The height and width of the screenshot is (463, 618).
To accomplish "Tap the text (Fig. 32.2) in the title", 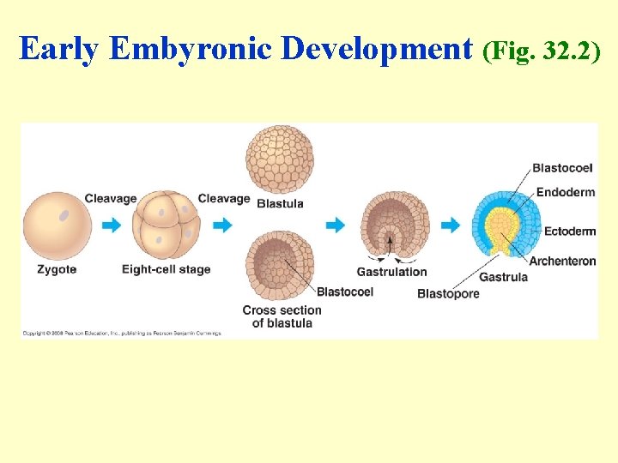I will pyautogui.click(x=542, y=51).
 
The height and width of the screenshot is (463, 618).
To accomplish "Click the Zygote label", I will pyautogui.click(x=57, y=269).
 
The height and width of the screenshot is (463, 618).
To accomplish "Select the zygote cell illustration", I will pyautogui.click(x=58, y=225).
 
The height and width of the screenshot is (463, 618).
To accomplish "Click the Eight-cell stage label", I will pyautogui.click(x=166, y=269).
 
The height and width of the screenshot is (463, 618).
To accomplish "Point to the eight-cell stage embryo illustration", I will pyautogui.click(x=167, y=225).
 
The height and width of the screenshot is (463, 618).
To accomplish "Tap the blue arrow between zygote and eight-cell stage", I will pyautogui.click(x=112, y=225).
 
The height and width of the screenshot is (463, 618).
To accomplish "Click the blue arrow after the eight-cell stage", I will pyautogui.click(x=222, y=225).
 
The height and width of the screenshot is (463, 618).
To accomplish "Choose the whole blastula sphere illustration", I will pyautogui.click(x=280, y=159).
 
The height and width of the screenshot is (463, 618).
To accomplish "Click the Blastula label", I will pyautogui.click(x=280, y=203).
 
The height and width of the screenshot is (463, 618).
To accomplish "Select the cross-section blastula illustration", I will pyautogui.click(x=280, y=264).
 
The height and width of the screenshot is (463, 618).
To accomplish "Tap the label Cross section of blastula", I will pyautogui.click(x=282, y=316).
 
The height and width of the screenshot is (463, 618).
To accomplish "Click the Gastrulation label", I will pyautogui.click(x=391, y=272).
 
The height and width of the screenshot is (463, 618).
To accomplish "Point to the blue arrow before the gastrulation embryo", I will pyautogui.click(x=335, y=225).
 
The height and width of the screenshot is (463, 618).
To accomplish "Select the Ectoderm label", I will pyautogui.click(x=570, y=231).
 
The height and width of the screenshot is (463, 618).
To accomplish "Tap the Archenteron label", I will pyautogui.click(x=562, y=261).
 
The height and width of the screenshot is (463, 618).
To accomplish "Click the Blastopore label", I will pyautogui.click(x=448, y=294).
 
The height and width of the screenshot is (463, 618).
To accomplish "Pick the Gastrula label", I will pyautogui.click(x=503, y=277).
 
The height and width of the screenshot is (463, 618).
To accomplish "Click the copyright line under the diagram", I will pyautogui.click(x=121, y=333).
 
